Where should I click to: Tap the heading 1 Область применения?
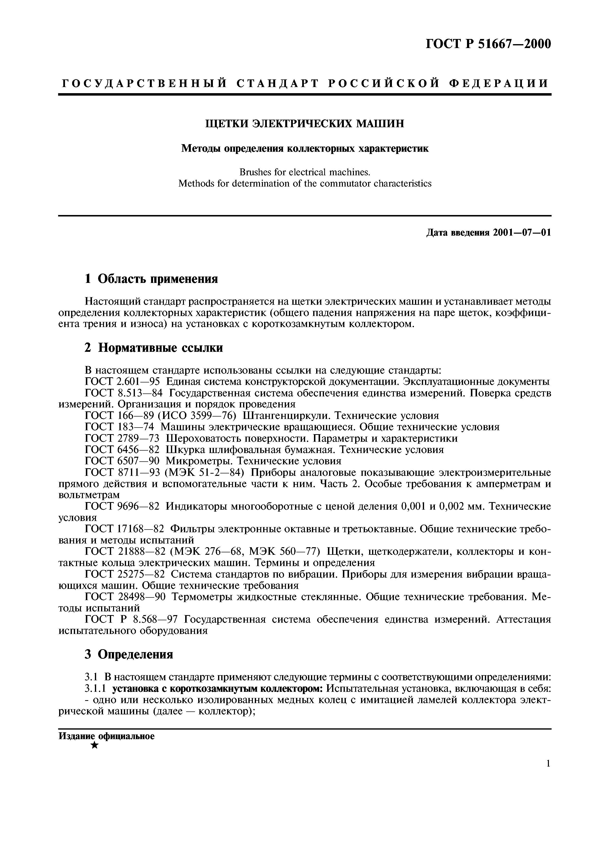click(x=151, y=279)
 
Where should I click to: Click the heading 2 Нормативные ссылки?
click(x=154, y=348)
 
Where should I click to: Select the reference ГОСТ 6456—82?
click(x=122, y=449)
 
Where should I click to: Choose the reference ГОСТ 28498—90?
click(x=125, y=597)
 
